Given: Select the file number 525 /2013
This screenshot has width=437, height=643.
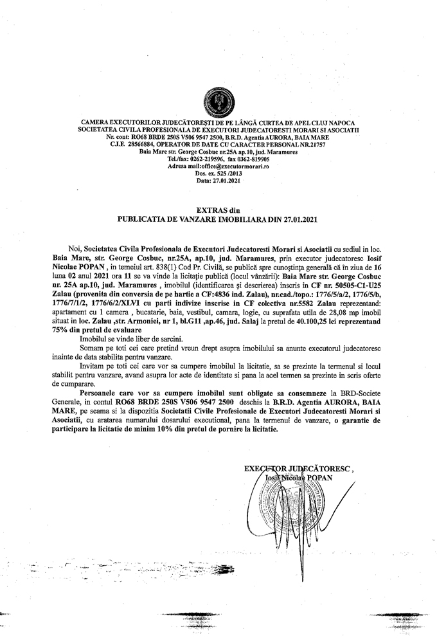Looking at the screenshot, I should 222,173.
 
